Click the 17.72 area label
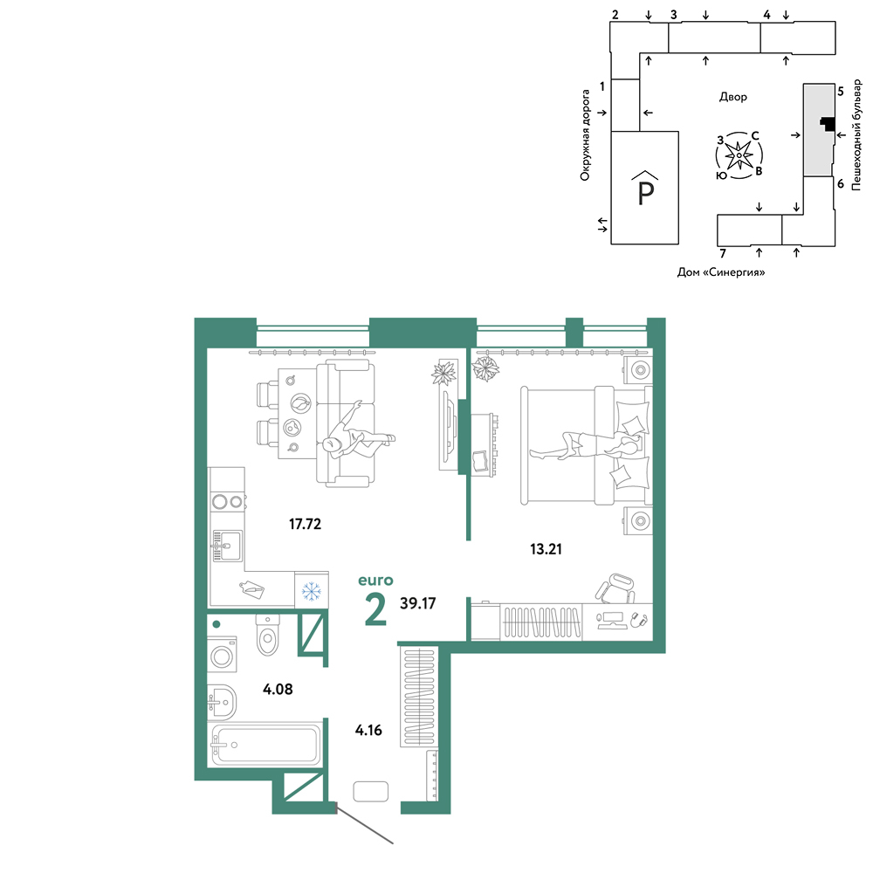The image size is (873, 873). (x=305, y=524)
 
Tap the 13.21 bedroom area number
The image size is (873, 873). (x=546, y=549)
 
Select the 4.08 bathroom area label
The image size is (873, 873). (x=278, y=690)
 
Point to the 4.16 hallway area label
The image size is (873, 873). (x=368, y=730)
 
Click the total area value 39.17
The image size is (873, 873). (x=417, y=603)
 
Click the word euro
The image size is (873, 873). (x=375, y=581)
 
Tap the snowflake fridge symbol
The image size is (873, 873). (x=312, y=591)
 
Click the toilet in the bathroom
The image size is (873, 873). (x=268, y=635)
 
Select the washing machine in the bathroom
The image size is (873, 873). (x=222, y=655)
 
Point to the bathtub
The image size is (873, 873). (x=265, y=744)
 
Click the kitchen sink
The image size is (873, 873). (x=228, y=546)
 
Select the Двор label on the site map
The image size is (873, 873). (x=732, y=97)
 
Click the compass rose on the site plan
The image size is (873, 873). (x=739, y=155)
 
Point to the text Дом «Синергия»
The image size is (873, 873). (x=721, y=272)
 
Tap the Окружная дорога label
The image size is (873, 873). (x=585, y=135)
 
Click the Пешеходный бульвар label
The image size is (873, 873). (x=856, y=135)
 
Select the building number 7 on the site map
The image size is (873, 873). (x=723, y=254)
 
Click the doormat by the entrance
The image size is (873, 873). (x=370, y=791)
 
